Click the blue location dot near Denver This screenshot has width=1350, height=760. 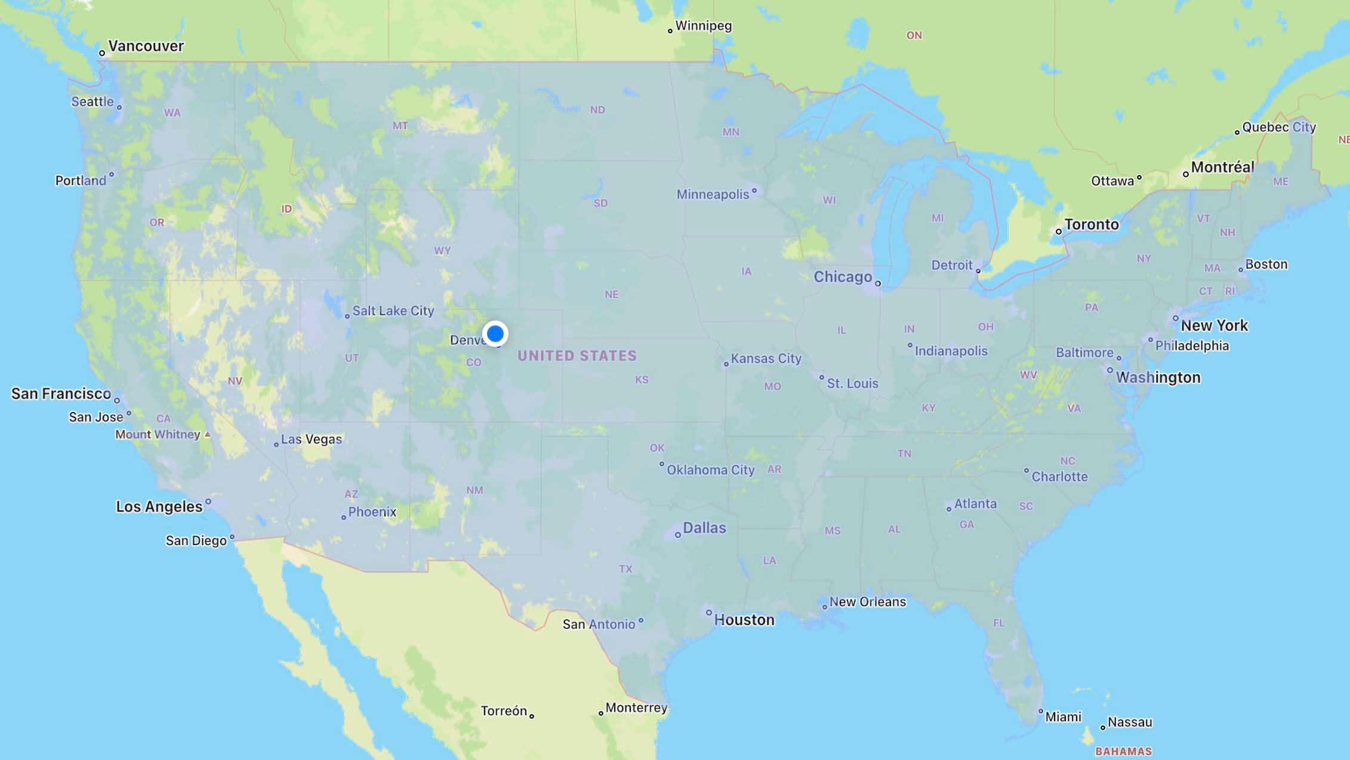[495, 333]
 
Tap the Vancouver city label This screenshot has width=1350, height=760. [146, 46]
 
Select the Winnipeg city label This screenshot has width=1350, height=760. [703, 26]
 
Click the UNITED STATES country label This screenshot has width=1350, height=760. [577, 356]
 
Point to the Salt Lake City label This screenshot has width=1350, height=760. [393, 310]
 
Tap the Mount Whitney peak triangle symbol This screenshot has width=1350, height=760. [207, 435]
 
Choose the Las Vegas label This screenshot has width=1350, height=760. [311, 439]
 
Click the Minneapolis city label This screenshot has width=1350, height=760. [713, 194]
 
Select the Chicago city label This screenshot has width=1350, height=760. [843, 276]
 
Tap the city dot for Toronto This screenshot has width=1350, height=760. [1059, 232]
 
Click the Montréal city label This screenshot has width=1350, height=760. [1222, 167]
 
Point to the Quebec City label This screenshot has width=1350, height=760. [1278, 127]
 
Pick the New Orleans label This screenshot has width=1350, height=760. [867, 602]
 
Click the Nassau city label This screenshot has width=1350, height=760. [1129, 722]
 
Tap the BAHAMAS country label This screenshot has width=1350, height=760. [1123, 751]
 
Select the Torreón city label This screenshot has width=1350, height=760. [504, 711]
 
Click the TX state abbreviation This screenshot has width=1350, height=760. [625, 569]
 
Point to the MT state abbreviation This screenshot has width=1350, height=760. [400, 126]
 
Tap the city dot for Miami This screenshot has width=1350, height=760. [1041, 711]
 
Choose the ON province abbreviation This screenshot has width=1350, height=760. [914, 36]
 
